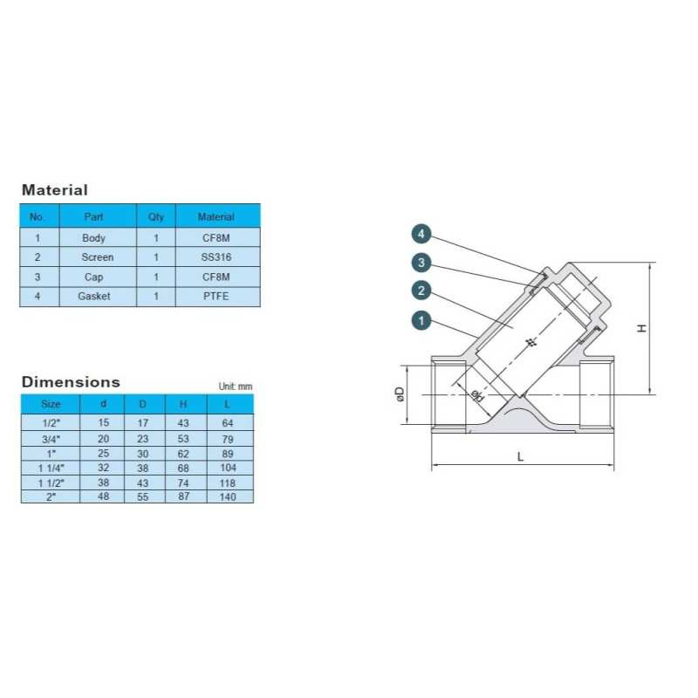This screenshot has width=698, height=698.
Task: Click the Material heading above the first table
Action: [x=55, y=190]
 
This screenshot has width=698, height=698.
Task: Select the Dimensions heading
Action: [x=71, y=382]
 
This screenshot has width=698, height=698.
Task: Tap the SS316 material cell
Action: [x=216, y=257]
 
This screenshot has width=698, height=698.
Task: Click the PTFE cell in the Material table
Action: [x=216, y=297]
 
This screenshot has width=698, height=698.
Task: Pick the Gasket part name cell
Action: [x=94, y=297]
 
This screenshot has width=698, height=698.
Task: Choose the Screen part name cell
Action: [x=98, y=257]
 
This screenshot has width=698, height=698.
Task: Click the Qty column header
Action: [x=156, y=216]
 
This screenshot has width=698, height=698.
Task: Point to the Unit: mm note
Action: [x=236, y=387]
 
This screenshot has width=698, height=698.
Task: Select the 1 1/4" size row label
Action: [x=51, y=468]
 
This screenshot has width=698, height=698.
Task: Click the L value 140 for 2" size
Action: [x=228, y=496]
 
